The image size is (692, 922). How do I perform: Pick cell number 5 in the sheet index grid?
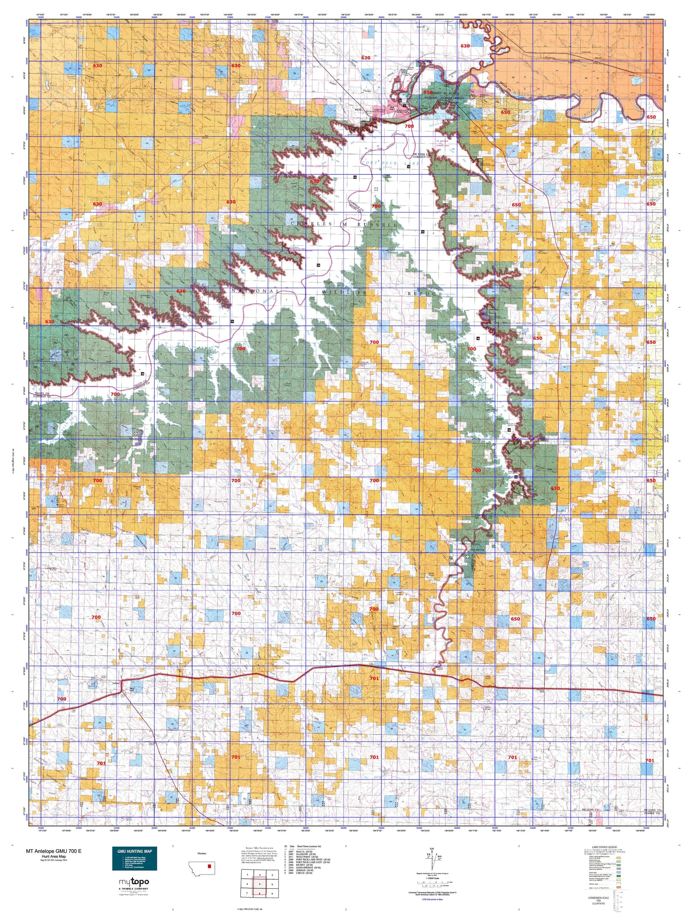coord(260,884)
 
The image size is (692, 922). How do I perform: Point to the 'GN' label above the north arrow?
coord(432,849)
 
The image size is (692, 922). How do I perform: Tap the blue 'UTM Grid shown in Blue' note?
coord(432,899)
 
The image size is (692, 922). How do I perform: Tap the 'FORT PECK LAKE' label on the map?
coord(391,163)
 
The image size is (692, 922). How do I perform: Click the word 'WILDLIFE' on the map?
coord(344,293)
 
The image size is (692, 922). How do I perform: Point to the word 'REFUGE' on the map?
coord(424,293)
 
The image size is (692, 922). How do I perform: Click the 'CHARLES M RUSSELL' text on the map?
coord(344,224)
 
